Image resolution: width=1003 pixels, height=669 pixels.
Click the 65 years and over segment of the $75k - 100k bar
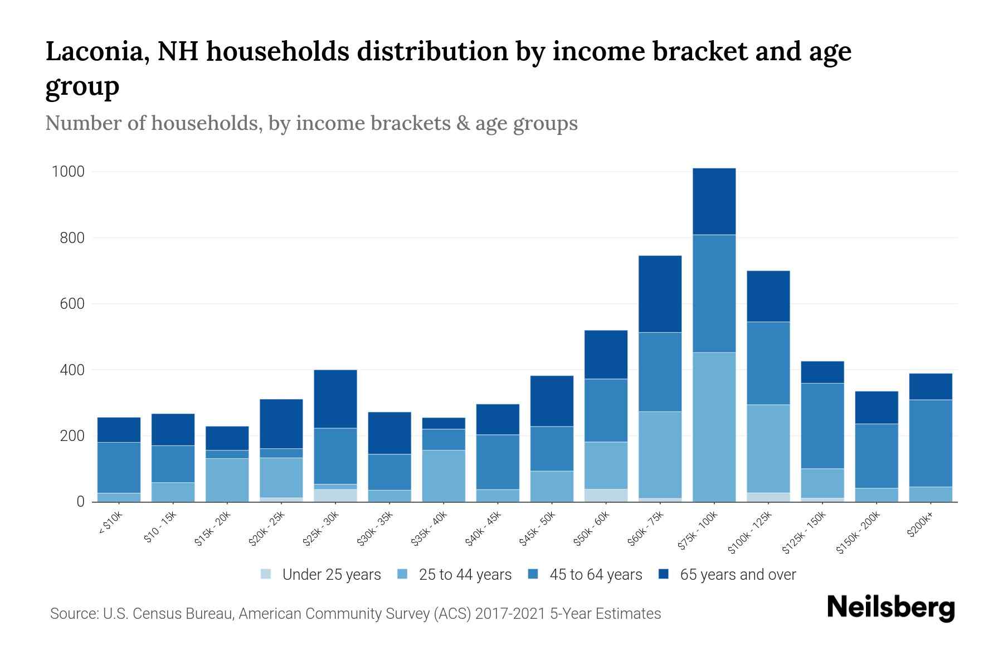tap(714, 201)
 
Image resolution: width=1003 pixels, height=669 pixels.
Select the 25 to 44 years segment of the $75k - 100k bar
tap(714, 427)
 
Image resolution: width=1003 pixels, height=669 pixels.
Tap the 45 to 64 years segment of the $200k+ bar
tap(931, 443)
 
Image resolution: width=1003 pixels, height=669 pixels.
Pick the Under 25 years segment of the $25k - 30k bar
tap(335, 495)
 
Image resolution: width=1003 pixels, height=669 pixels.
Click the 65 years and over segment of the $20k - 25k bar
tap(281, 424)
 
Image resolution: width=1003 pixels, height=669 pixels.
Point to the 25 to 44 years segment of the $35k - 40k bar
tap(444, 476)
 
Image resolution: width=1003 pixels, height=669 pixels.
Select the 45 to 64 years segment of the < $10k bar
tap(119, 467)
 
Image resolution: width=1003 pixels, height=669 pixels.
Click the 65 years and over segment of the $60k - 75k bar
tap(660, 294)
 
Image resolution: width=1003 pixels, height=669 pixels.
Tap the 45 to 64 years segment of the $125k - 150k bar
tap(822, 425)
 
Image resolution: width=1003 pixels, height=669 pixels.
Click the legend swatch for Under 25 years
tap(266, 574)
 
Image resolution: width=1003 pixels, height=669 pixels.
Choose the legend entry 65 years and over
tap(737, 574)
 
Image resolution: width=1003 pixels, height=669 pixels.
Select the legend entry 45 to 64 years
tap(595, 574)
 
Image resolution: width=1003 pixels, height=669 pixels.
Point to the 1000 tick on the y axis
tap(68, 172)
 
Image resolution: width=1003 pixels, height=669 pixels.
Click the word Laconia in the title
tap(95, 51)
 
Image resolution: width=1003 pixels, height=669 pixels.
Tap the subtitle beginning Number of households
tap(311, 123)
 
